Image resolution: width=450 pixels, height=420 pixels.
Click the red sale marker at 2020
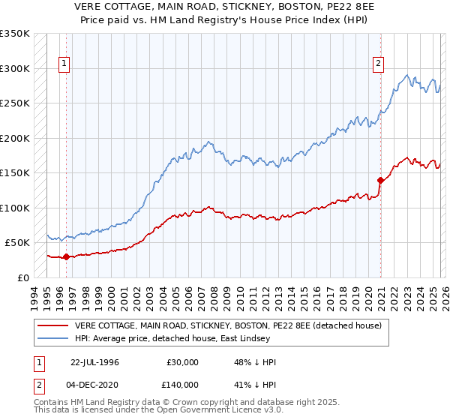[380, 180]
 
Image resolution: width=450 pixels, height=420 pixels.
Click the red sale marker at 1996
[66, 257]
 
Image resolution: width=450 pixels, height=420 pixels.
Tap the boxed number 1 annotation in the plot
[65, 64]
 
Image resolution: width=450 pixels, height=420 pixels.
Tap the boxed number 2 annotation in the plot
[379, 64]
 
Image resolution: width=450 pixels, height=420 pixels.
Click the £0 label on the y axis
[23, 277]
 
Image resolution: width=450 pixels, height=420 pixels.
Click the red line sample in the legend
[53, 325]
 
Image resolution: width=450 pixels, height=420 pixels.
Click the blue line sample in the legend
[53, 339]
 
